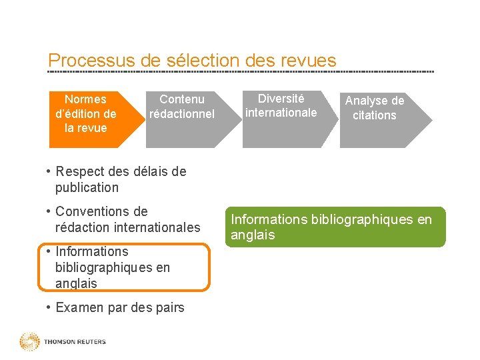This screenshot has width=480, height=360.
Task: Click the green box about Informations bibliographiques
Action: click(x=335, y=227)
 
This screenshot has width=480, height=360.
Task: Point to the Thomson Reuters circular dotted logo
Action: click(x=29, y=342)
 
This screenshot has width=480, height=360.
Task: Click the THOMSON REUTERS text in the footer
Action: click(x=75, y=342)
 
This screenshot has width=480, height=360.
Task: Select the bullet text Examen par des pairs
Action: click(x=120, y=307)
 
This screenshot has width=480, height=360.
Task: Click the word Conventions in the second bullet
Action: click(x=92, y=211)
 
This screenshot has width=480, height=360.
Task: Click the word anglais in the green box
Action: click(x=253, y=235)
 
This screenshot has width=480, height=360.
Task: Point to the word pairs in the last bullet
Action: click(x=169, y=307)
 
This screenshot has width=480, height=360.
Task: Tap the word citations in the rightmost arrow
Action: click(x=375, y=115)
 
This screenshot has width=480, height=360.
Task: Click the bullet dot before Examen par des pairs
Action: click(x=49, y=307)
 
